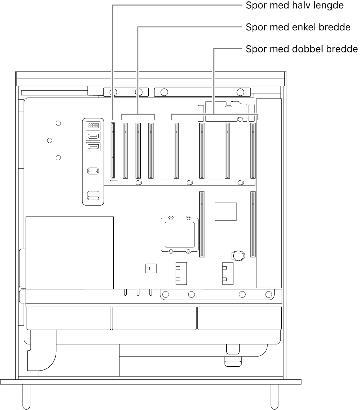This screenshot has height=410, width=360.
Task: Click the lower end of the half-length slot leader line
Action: click(x=113, y=119)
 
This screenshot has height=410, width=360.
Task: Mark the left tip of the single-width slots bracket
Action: click(x=121, y=119)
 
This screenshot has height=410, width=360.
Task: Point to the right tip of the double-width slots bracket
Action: click(x=258, y=120)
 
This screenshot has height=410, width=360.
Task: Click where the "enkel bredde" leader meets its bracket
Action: click(x=138, y=114)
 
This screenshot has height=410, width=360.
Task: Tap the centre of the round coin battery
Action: click(x=238, y=256)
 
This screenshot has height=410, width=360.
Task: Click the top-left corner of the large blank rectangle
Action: click(x=26, y=217)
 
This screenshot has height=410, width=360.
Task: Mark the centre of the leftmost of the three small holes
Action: click(x=49, y=141)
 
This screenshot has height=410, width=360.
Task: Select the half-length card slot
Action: click(x=113, y=151)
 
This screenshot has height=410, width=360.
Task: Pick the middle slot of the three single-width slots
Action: click(x=138, y=151)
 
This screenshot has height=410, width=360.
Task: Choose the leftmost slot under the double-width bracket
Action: click(x=176, y=151)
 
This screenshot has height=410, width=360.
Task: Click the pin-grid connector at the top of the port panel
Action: click(x=93, y=125)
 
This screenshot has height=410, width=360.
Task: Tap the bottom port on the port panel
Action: click(x=93, y=195)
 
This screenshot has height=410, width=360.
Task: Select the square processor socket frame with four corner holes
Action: click(x=179, y=234)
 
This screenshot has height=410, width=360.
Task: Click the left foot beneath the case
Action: click(x=26, y=396)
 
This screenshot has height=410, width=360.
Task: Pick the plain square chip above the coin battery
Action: click(x=226, y=211)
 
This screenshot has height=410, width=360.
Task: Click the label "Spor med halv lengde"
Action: click(x=295, y=6)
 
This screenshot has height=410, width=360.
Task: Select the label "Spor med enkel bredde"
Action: click(x=298, y=27)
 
